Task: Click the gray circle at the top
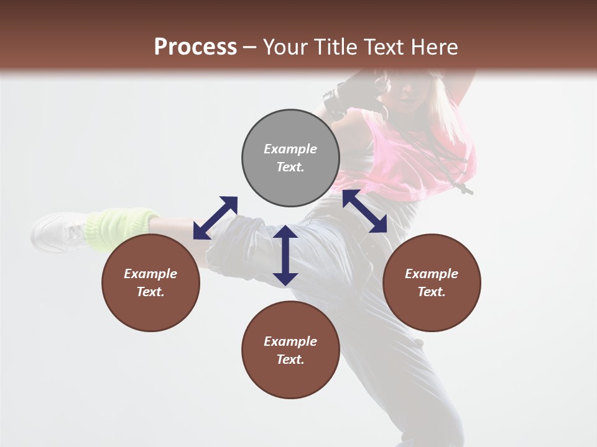[x=290, y=158]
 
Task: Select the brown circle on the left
[x=150, y=282]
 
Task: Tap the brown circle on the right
[x=432, y=282]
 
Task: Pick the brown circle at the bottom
[x=290, y=350]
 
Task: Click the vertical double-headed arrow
[x=285, y=255]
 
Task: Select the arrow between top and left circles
[x=215, y=218]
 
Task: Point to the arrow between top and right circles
[x=364, y=212]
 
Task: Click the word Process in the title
[x=195, y=47]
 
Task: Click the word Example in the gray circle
[x=290, y=149]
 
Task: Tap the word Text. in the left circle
[x=150, y=292]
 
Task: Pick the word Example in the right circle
[x=432, y=274]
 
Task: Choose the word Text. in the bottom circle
[x=290, y=359]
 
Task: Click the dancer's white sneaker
[x=59, y=232]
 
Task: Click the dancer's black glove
[x=339, y=99]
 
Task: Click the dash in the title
[x=249, y=47]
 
